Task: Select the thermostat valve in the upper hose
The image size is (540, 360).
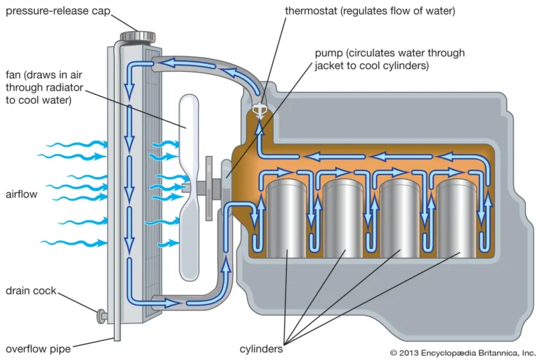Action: pos(259,110)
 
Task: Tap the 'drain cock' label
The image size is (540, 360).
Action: pos(31,291)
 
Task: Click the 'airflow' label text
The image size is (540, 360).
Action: pos(22,193)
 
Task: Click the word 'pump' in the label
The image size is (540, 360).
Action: pos(327,53)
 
